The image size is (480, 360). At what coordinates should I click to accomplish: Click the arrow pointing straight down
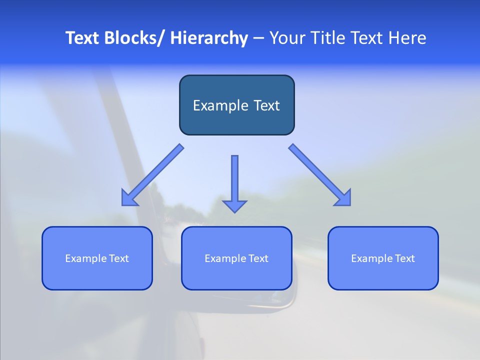click(x=234, y=182)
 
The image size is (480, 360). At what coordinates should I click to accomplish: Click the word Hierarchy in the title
click(x=209, y=38)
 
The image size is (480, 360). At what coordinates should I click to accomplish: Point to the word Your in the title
click(x=287, y=38)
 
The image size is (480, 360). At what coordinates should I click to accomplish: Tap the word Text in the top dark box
click(x=266, y=105)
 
